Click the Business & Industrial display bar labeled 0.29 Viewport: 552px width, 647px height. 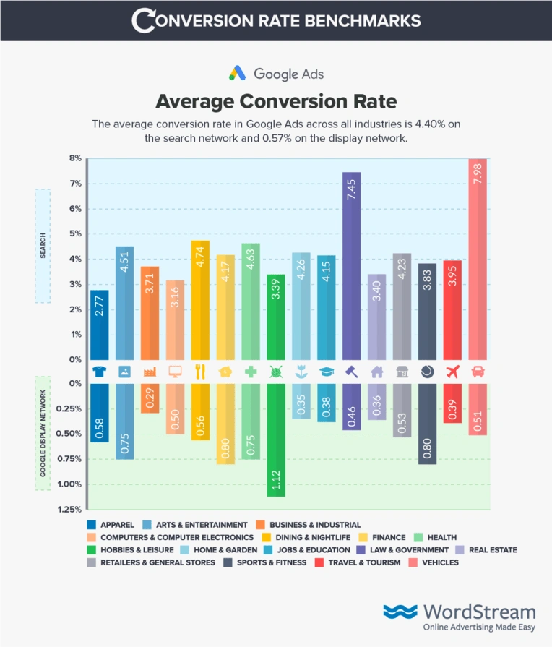point(150,398)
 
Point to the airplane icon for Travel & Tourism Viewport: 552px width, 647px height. point(452,372)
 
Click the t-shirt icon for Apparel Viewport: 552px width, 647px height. point(100,372)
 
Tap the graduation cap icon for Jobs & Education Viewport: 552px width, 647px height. point(327,372)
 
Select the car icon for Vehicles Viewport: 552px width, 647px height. point(478,372)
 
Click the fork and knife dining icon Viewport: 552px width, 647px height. point(200,372)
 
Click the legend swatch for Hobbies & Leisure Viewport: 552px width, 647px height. point(91,549)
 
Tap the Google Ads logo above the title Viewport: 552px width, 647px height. point(276,73)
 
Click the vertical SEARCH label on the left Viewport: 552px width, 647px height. point(43,246)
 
